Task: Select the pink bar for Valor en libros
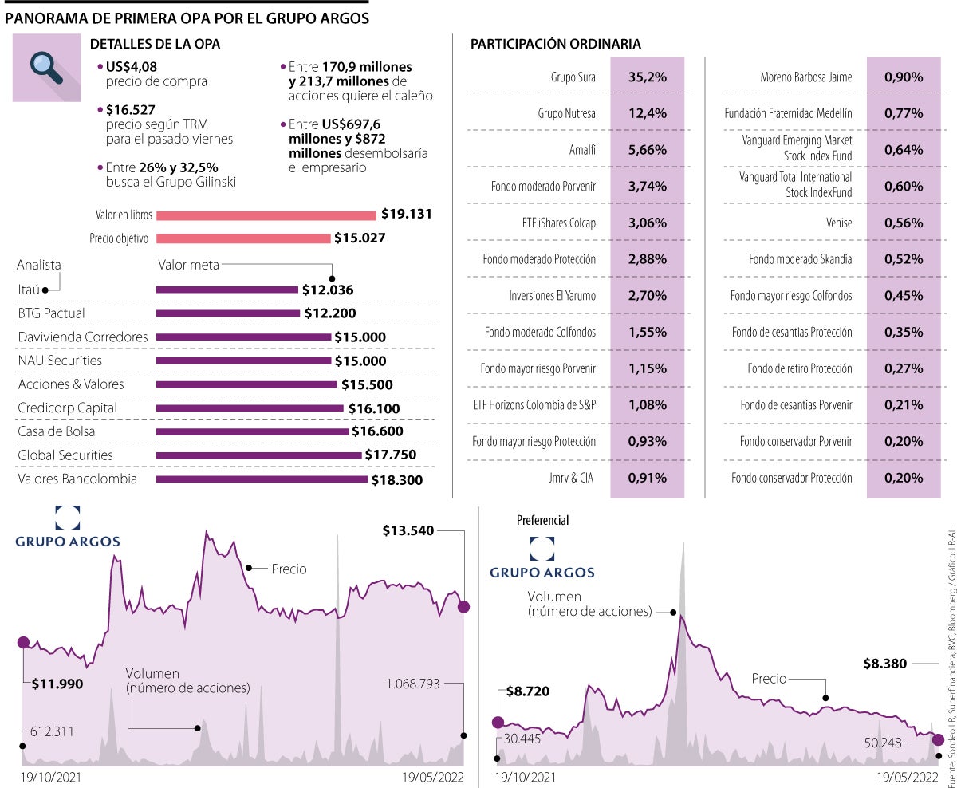[x=266, y=215]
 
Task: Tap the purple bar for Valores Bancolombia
[x=262, y=479]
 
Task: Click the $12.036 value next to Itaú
[x=328, y=290]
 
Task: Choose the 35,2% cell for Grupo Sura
[x=647, y=77]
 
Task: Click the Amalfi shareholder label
[x=580, y=150]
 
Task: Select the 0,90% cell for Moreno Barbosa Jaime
[x=904, y=77]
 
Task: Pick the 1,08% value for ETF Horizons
[x=647, y=405]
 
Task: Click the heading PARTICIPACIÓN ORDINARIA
[x=556, y=44]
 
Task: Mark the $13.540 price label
[x=408, y=530]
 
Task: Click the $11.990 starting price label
[x=57, y=683]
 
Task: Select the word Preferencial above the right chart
[x=543, y=520]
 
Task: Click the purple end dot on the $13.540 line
[x=464, y=607]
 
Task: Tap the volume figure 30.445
[x=523, y=738]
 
